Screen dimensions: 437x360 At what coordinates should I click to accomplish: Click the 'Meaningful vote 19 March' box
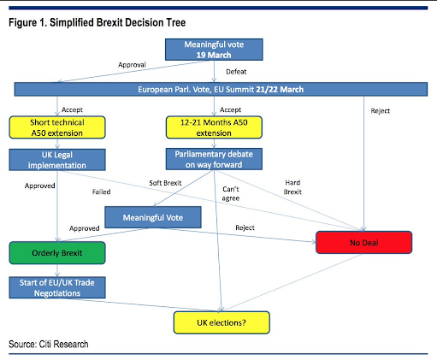214,50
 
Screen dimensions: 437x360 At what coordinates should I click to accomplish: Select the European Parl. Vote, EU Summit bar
221,90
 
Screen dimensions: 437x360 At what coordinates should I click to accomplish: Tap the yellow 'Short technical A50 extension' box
57,127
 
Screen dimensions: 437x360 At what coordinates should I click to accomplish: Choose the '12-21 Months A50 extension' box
214,127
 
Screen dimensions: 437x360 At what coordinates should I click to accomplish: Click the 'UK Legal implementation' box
57,160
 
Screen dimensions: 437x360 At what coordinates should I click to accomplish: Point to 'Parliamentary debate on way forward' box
214,159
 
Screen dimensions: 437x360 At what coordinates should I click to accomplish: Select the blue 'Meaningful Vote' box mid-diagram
153,217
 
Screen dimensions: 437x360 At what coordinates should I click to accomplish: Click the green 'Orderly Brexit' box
57,253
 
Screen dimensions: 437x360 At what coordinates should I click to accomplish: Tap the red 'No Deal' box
363,243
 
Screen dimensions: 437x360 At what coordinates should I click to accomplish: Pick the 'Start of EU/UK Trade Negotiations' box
57,287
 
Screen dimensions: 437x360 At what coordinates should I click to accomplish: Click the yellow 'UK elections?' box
221,322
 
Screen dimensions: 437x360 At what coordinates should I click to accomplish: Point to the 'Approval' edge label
132,65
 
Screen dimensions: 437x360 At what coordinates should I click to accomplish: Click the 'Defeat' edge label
236,72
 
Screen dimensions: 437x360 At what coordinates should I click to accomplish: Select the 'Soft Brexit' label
165,183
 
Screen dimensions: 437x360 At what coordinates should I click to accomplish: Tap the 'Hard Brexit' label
292,187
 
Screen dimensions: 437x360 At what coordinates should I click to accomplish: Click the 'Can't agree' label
231,194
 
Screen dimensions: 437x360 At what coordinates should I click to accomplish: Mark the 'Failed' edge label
101,192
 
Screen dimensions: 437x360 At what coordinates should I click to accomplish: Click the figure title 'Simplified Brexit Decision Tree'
117,22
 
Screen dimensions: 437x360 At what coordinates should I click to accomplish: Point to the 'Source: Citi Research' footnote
49,345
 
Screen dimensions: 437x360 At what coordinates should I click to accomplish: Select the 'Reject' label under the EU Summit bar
380,111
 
